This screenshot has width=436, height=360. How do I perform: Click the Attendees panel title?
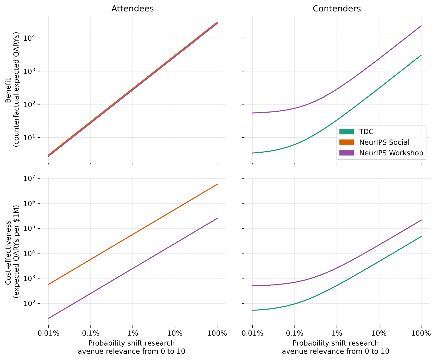click(132, 9)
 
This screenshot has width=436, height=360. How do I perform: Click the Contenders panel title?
click(337, 9)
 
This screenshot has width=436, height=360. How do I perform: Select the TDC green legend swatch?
click(346, 132)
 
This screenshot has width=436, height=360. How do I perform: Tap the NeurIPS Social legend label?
click(384, 142)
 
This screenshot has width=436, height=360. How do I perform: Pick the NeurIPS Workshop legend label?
click(391, 153)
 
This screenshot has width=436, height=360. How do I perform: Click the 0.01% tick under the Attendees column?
click(49, 333)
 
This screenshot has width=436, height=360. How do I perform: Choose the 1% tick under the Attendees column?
click(133, 333)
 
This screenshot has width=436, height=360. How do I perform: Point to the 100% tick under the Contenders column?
click(421, 333)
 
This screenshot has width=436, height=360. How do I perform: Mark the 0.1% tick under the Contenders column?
click(295, 333)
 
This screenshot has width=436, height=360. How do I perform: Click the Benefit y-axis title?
click(13, 90)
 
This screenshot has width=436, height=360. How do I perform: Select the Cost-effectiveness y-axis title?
click(13, 252)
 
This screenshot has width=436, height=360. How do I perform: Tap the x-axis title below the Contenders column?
click(335, 347)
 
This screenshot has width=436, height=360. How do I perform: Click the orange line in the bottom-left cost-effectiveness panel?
click(133, 234)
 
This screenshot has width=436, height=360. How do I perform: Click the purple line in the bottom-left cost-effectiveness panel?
click(133, 268)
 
